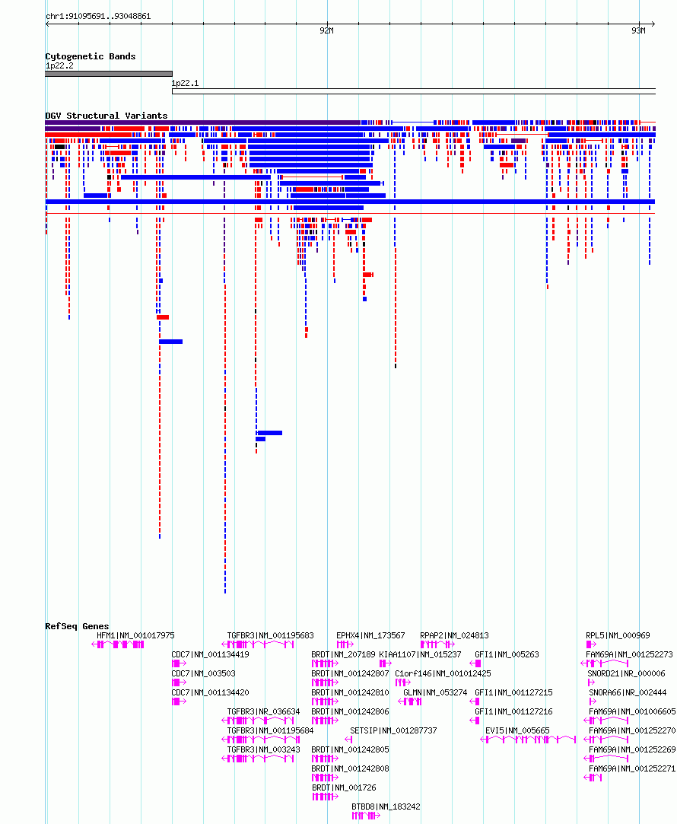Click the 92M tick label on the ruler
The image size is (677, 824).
click(326, 31)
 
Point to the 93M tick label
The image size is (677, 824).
click(639, 31)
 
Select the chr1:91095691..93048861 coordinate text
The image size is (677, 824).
click(98, 16)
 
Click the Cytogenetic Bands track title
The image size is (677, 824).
click(91, 56)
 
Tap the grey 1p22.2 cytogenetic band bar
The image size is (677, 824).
click(109, 74)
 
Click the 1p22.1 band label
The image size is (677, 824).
click(185, 83)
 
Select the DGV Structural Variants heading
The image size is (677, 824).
click(106, 116)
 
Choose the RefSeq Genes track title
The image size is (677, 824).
click(77, 626)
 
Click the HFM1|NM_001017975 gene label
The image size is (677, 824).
click(135, 635)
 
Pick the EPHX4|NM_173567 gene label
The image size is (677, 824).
click(370, 635)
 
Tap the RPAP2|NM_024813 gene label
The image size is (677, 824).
click(454, 635)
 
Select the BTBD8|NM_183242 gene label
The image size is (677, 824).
click(386, 807)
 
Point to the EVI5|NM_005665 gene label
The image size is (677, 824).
click(517, 730)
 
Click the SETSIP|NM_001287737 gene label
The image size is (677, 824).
click(393, 730)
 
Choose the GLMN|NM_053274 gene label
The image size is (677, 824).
click(435, 692)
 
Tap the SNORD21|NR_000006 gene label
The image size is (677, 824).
click(626, 673)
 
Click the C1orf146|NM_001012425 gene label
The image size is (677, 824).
click(443, 673)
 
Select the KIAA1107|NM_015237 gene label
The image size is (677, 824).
click(420, 655)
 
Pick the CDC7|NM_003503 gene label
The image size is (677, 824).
click(203, 673)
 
